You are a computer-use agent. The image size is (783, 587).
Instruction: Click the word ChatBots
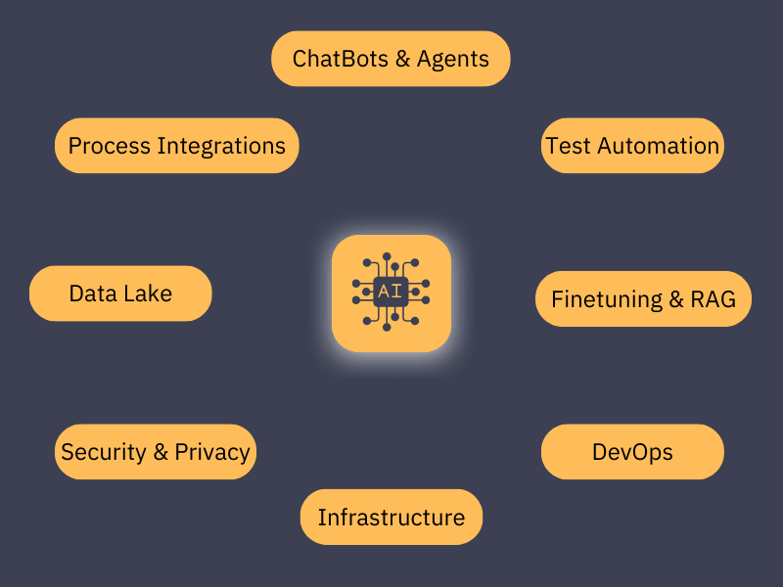pyautogui.click(x=340, y=59)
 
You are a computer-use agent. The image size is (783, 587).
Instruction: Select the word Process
pyautogui.click(x=110, y=146)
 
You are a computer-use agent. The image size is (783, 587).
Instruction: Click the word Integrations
pyautogui.click(x=221, y=147)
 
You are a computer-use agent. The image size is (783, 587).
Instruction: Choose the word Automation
pyautogui.click(x=658, y=146)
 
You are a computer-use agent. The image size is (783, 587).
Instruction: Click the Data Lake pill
pyautogui.click(x=120, y=293)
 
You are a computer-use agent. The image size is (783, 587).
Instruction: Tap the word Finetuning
pyautogui.click(x=607, y=300)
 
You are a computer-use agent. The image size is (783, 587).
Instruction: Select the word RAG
pyautogui.click(x=713, y=299)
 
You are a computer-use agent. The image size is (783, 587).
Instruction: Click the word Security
pyautogui.click(x=104, y=453)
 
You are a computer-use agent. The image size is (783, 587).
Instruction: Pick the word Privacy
pyautogui.click(x=212, y=453)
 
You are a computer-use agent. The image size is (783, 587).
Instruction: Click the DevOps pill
pyautogui.click(x=632, y=452)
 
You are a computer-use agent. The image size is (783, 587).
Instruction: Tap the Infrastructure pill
pyautogui.click(x=391, y=518)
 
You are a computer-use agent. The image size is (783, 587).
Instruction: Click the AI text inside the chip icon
pyautogui.click(x=390, y=291)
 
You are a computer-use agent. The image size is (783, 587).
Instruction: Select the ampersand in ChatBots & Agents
pyautogui.click(x=402, y=59)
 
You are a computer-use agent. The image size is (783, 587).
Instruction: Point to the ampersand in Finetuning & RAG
pyautogui.click(x=676, y=299)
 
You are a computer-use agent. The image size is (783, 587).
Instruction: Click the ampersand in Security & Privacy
pyautogui.click(x=161, y=452)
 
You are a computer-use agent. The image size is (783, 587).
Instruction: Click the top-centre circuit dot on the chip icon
pyautogui.click(x=387, y=256)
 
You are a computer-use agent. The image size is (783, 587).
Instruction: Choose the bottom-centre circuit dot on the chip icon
pyautogui.click(x=387, y=327)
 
